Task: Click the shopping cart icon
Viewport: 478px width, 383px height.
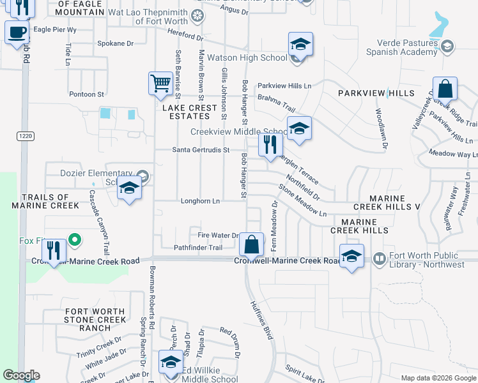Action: pyautogui.click(x=160, y=82)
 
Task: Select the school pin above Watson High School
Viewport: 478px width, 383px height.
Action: pyautogui.click(x=300, y=44)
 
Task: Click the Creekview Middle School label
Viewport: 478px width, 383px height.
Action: pyautogui.click(x=239, y=132)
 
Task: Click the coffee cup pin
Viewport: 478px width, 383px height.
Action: pyautogui.click(x=17, y=32)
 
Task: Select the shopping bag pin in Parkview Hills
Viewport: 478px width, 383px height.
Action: pyautogui.click(x=445, y=89)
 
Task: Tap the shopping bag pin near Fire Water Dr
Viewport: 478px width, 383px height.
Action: pyautogui.click(x=252, y=244)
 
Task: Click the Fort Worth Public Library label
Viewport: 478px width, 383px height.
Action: pyautogui.click(x=426, y=260)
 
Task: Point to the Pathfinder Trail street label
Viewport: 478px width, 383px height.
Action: pyautogui.click(x=198, y=248)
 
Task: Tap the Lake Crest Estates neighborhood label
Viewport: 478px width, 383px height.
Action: pyautogui.click(x=190, y=112)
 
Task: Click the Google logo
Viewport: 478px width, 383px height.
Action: pyautogui.click(x=21, y=375)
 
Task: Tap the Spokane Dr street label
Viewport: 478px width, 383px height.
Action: pyautogui.click(x=115, y=44)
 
